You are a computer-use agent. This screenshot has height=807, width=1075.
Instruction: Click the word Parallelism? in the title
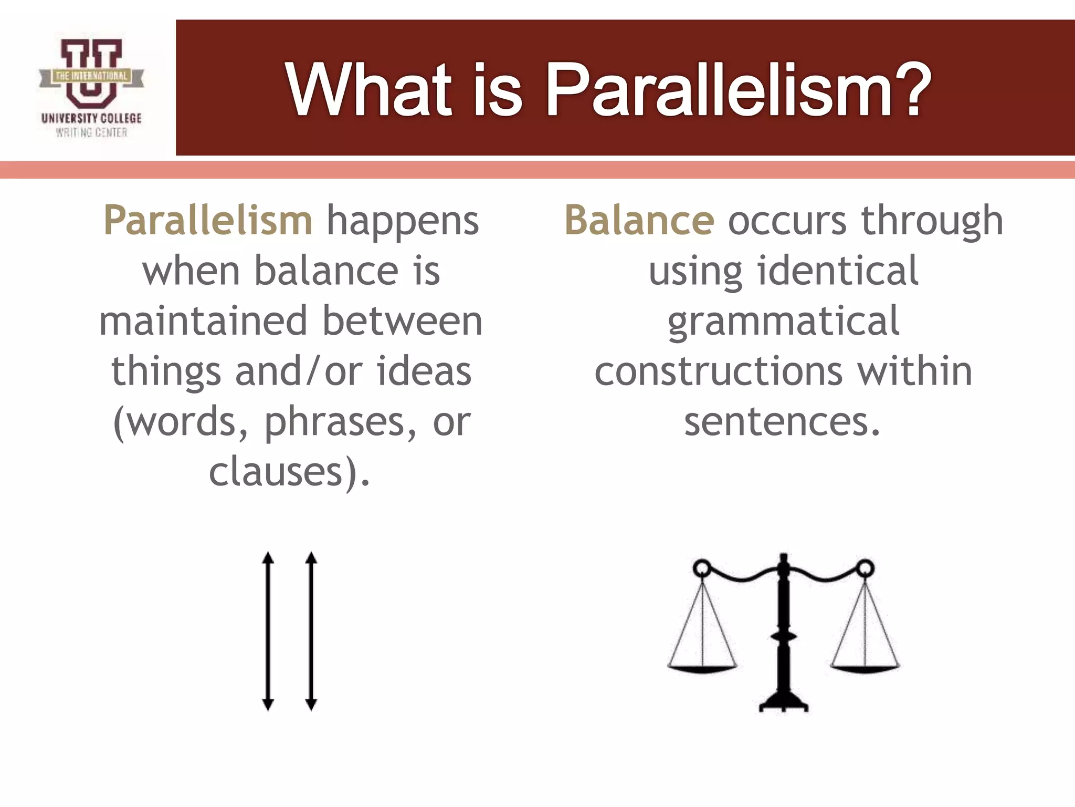[738, 90]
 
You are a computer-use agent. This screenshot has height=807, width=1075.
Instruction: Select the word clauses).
[290, 471]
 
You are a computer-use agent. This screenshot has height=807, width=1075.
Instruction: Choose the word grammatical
[784, 322]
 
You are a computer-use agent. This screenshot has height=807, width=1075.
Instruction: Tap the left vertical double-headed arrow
[268, 631]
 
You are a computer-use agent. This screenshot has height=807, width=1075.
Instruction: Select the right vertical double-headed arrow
[311, 631]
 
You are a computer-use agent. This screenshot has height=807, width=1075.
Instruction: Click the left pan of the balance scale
[702, 668]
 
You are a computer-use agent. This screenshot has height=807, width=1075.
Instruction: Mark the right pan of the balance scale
[865, 668]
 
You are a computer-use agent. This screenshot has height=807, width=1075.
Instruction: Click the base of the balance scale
[784, 704]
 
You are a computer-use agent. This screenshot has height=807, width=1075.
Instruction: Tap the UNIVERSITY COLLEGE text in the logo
[91, 118]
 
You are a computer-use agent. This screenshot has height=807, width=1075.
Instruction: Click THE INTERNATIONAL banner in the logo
[91, 76]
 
